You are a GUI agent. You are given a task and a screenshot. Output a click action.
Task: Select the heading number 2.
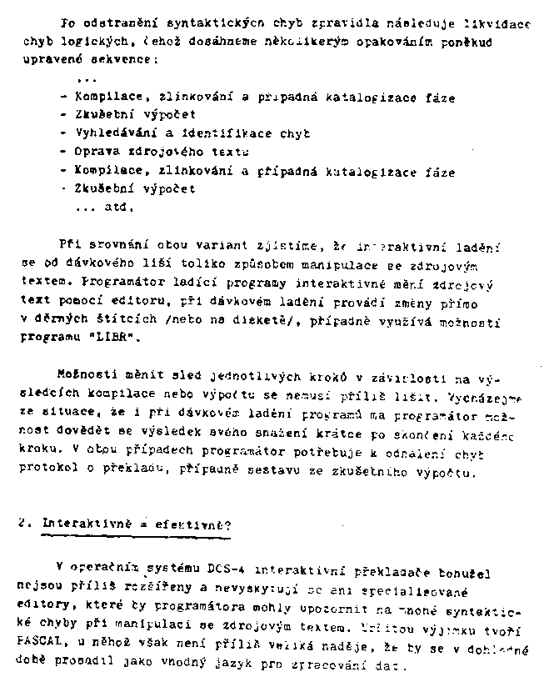click(x=23, y=524)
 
